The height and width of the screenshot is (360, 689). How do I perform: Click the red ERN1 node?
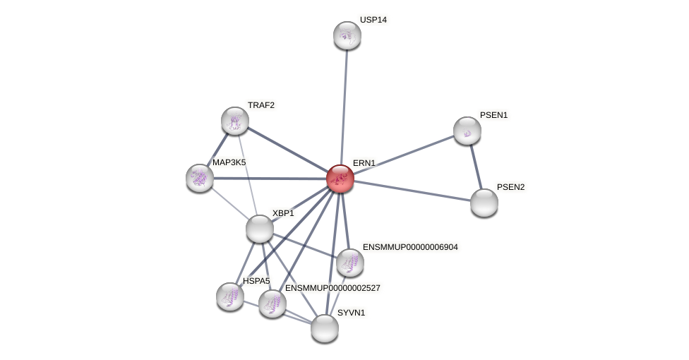(x=340, y=179)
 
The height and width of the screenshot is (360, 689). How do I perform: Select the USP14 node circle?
(x=347, y=35)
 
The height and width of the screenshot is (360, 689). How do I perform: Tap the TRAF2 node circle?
(x=235, y=121)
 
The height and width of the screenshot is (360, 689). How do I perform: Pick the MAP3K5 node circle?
(x=200, y=178)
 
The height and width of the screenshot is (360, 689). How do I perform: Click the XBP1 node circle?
(x=259, y=229)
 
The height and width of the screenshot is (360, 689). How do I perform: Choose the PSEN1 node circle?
(x=467, y=131)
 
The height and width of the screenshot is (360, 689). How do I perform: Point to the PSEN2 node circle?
(x=484, y=203)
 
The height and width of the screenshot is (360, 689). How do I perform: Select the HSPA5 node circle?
(x=229, y=296)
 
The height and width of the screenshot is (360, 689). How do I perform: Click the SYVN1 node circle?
(x=325, y=328)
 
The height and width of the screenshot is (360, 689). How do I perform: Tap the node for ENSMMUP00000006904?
(x=349, y=263)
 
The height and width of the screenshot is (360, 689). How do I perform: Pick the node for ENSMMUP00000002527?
(x=272, y=304)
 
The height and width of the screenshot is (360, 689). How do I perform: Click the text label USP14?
(x=373, y=20)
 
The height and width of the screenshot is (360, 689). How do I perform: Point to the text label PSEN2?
(x=510, y=187)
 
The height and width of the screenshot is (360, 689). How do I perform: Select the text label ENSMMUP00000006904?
(x=410, y=247)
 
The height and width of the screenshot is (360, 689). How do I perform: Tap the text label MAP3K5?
(x=229, y=162)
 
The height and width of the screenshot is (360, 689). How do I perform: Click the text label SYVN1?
(x=351, y=313)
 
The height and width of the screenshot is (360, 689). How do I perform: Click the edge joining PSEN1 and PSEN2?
(x=475, y=167)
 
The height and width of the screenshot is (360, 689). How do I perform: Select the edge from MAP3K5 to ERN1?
(x=268, y=179)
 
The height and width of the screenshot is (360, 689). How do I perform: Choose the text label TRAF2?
(x=260, y=105)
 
